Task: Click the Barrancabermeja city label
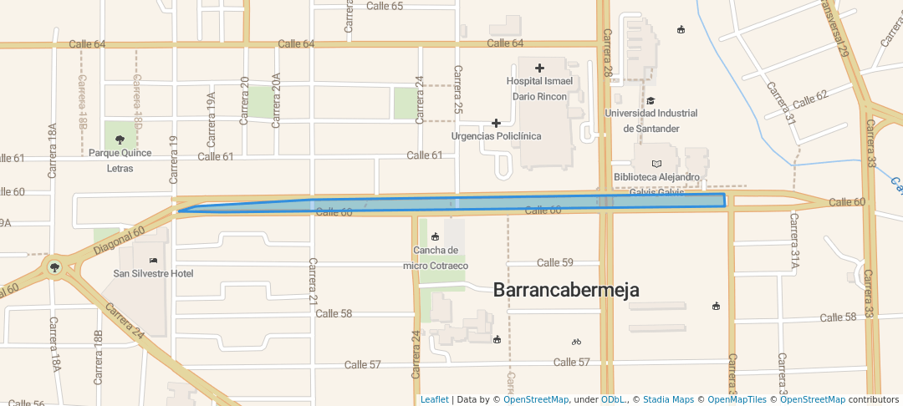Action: pyautogui.click(x=566, y=290)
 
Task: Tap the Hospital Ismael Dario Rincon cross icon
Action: pyautogui.click(x=539, y=68)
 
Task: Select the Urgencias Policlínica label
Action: pyautogui.click(x=496, y=135)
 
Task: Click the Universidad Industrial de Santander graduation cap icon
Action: pyautogui.click(x=650, y=100)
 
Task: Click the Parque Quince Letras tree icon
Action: pyautogui.click(x=119, y=140)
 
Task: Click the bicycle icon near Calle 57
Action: pyautogui.click(x=576, y=342)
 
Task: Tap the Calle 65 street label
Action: pyautogui.click(x=385, y=6)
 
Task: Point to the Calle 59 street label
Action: pyautogui.click(x=555, y=262)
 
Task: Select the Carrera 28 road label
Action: pyautogui.click(x=609, y=59)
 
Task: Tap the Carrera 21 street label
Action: pyautogui.click(x=313, y=282)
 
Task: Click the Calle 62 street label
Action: pyautogui.click(x=810, y=99)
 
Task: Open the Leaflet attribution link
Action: pyautogui.click(x=434, y=399)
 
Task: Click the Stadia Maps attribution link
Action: pyautogui.click(x=666, y=399)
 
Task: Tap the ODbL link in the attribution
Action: pyautogui.click(x=615, y=399)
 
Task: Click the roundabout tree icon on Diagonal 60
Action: pyautogui.click(x=55, y=267)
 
